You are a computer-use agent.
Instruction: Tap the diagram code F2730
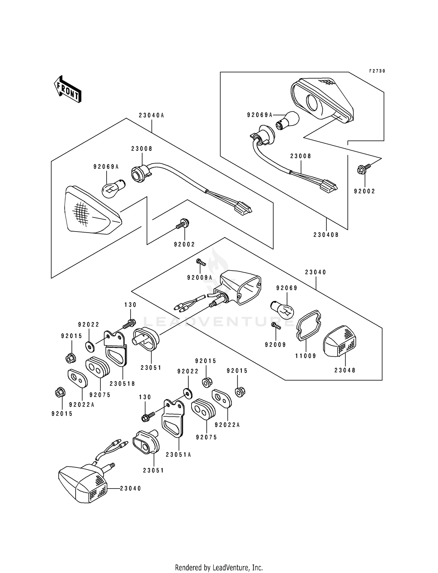pyautogui.click(x=377, y=71)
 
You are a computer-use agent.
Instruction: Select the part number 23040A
pyautogui.click(x=151, y=115)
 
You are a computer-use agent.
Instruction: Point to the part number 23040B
pyautogui.click(x=326, y=235)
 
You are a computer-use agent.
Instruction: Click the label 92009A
pyautogui.click(x=200, y=278)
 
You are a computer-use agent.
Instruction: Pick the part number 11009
pyautogui.click(x=306, y=356)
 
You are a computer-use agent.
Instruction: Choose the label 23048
pyautogui.click(x=345, y=370)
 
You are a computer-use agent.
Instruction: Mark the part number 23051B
pyautogui.click(x=122, y=384)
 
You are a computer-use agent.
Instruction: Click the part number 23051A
pyautogui.click(x=178, y=455)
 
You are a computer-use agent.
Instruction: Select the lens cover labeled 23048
pyautogui.click(x=340, y=342)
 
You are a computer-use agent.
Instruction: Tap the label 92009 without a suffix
pyautogui.click(x=275, y=345)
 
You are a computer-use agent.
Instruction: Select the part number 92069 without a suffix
pyautogui.click(x=287, y=288)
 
